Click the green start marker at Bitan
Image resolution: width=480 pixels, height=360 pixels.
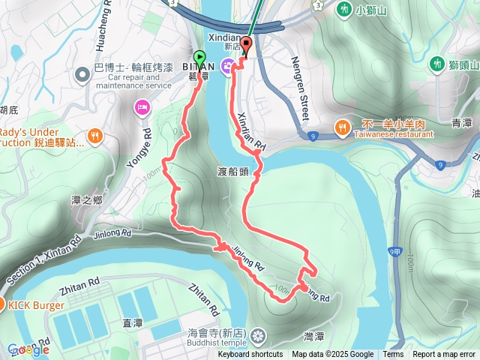click(x=199, y=58)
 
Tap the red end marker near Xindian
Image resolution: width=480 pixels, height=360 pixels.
click(x=246, y=44)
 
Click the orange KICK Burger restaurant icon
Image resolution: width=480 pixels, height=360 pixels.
click(x=2, y=304)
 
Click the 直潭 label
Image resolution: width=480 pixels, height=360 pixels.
click(x=132, y=323)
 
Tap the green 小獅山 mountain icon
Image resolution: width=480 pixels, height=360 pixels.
click(x=344, y=10)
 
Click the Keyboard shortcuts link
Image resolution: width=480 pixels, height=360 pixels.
click(x=250, y=355)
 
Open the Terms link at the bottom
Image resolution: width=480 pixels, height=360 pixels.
click(x=393, y=355)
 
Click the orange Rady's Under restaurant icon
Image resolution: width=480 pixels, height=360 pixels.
click(x=94, y=136)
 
